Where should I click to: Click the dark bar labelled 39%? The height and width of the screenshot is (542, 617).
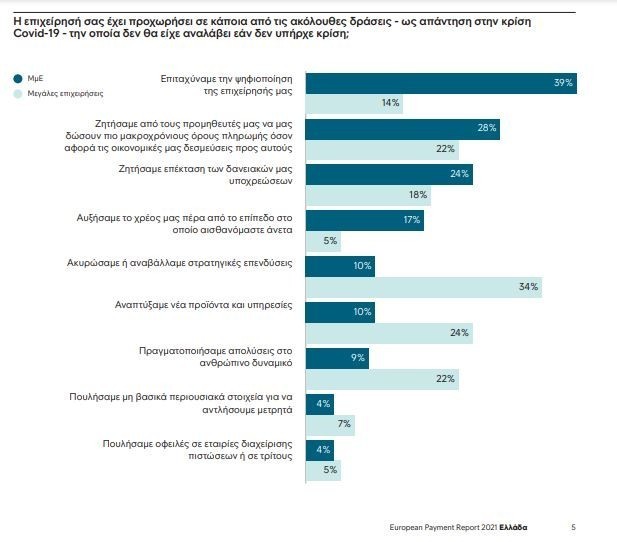point(440,83)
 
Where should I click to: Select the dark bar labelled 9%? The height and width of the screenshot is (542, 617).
point(337,357)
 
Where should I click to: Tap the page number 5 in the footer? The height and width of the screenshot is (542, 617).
point(573,527)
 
